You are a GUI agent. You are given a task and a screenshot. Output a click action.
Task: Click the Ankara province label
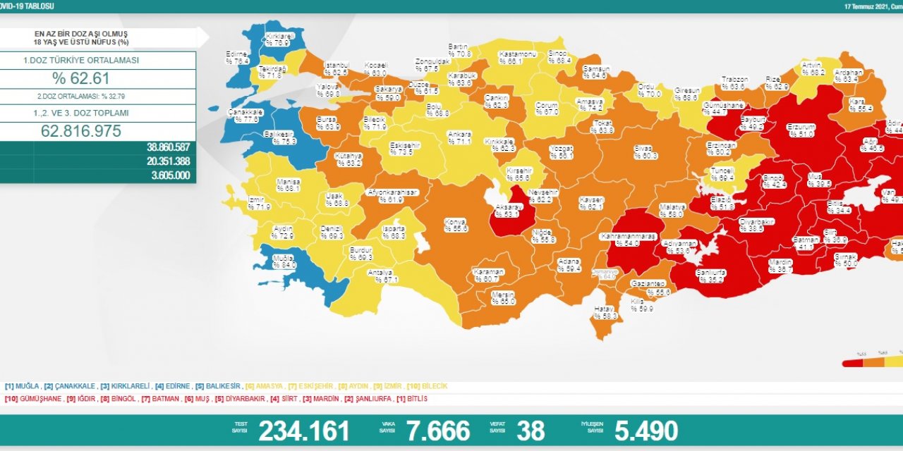tap(459, 137)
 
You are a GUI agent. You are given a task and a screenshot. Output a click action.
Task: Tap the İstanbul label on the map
tap(336, 68)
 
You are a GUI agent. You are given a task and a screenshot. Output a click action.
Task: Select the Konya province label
tap(456, 225)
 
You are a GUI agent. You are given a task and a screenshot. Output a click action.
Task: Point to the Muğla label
tap(283, 261)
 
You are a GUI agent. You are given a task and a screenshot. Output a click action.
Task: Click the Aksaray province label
tap(508, 210)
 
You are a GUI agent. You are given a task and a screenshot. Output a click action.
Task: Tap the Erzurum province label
tap(801, 130)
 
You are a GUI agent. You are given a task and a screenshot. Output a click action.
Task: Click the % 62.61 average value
tap(80, 78)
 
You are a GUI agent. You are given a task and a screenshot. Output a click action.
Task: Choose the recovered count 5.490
tap(646, 431)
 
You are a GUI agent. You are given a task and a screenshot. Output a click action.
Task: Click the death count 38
tap(531, 431)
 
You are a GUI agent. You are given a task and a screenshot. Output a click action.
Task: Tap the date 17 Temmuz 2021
tap(866, 6)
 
